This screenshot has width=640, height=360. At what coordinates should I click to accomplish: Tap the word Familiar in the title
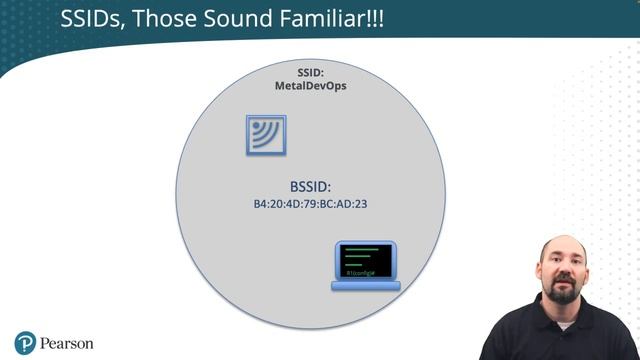point(317,19)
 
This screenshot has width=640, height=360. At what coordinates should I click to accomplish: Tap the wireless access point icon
point(266,135)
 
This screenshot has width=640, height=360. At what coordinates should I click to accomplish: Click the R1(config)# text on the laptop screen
point(359,273)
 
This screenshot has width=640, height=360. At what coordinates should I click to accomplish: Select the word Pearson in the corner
point(67,343)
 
